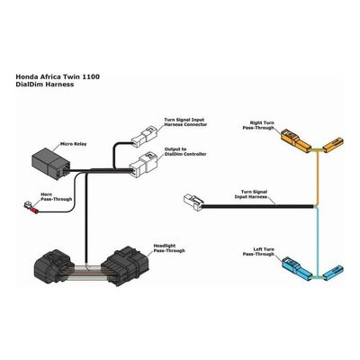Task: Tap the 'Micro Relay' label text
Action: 73,144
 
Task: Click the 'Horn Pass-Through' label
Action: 57,197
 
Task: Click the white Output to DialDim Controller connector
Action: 143,166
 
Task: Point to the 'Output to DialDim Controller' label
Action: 185,151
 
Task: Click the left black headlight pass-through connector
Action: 53,266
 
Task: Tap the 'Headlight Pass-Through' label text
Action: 169,248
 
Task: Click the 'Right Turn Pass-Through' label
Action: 258,125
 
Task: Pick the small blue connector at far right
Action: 333,272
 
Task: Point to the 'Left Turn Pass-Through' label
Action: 258,252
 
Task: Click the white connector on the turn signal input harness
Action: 193,202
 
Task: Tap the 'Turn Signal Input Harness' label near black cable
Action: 250,194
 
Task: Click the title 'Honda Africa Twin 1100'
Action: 58,76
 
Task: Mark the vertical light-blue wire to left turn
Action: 318,241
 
